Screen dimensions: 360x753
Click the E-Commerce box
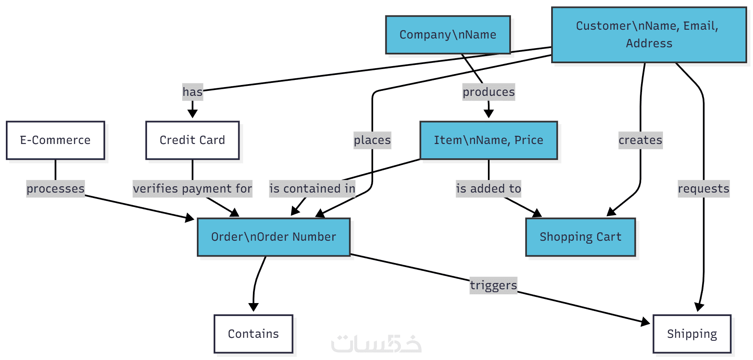55,140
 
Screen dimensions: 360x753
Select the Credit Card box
192,140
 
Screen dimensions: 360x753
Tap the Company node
448,35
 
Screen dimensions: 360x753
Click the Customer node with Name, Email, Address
649,35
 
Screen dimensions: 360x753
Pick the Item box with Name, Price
488,140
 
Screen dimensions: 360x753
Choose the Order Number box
273,237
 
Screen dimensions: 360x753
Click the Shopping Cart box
580,237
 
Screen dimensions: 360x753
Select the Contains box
253,334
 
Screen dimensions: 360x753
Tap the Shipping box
692,334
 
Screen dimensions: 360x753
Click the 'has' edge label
193,92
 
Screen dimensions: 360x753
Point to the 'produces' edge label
488,92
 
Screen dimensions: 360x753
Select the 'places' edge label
372,140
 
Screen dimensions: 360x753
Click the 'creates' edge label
640,140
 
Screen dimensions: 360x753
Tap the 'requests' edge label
704,189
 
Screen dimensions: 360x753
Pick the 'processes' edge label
55,189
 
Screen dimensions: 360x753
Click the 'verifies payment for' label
192,189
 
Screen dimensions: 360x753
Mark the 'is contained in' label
312,189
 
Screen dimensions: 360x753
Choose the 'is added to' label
488,189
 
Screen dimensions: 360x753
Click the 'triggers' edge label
493,285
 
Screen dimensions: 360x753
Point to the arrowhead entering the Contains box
253,308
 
